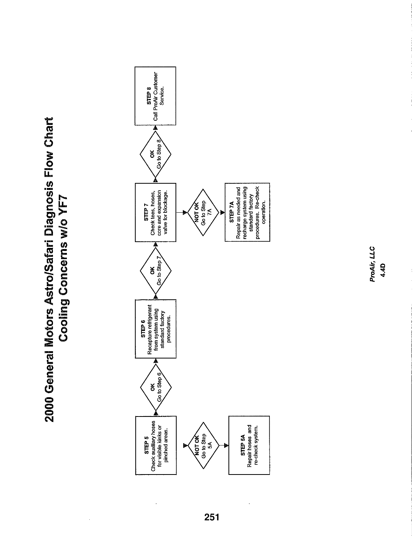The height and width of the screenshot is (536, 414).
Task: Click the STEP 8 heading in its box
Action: [x=149, y=96]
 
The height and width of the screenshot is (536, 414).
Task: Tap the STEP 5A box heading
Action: [x=243, y=445]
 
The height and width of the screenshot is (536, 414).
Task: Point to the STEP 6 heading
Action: [x=143, y=329]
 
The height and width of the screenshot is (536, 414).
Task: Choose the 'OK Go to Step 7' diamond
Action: [x=156, y=271]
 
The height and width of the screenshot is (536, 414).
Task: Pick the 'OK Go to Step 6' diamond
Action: [x=156, y=387]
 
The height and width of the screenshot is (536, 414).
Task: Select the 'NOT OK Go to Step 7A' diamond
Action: [x=203, y=212]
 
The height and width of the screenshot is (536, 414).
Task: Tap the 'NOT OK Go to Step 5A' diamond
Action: [x=203, y=446]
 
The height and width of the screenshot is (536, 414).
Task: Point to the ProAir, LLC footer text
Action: [x=372, y=264]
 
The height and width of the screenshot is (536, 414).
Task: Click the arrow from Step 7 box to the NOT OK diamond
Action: [x=182, y=212]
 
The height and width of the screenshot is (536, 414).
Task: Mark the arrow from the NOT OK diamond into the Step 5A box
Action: [x=224, y=446]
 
